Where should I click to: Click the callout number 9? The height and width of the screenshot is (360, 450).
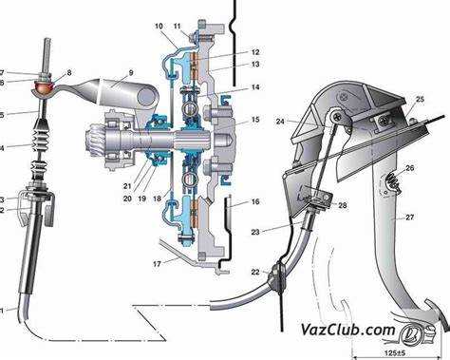(131, 73)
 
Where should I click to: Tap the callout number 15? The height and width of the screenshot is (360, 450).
(255, 120)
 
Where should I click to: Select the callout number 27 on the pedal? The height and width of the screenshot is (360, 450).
(410, 218)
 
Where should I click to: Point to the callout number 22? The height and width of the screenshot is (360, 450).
(255, 272)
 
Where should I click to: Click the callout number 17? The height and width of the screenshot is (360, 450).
(158, 264)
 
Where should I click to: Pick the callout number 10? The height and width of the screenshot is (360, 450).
(159, 26)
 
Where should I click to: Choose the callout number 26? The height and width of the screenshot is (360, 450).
(409, 168)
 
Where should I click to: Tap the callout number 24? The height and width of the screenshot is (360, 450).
(280, 122)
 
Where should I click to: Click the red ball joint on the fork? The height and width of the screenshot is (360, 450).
(45, 88)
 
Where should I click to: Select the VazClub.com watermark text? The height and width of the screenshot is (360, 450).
(348, 330)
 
